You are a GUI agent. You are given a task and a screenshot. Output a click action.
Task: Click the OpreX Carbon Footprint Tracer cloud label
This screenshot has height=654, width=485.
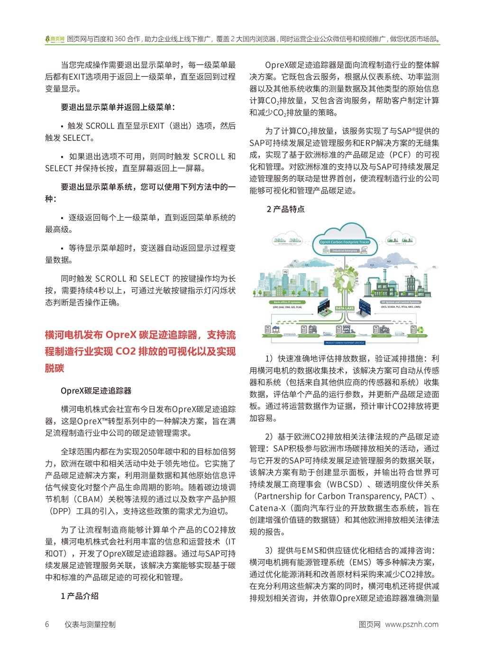coord(344,242)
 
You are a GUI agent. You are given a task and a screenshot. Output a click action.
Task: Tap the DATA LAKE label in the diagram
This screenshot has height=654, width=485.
coord(344,308)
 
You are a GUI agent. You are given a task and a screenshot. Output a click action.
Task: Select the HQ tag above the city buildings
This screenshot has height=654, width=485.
coord(285,272)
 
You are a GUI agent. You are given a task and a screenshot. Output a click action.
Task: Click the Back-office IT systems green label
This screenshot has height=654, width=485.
coord(287,302)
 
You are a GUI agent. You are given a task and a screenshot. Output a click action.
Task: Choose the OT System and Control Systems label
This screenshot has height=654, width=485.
coord(401,302)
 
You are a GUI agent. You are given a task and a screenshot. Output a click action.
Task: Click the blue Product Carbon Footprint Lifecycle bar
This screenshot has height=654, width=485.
coord(344,342)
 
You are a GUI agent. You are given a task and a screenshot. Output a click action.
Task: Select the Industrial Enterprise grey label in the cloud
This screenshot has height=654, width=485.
coord(344,250)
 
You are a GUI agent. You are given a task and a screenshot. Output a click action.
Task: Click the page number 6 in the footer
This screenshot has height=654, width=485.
coord(47,624)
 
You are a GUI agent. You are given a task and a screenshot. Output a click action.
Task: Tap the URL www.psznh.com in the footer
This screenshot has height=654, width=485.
coord(412,624)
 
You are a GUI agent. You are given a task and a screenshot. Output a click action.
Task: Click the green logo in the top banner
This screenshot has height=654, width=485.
coord(55,39)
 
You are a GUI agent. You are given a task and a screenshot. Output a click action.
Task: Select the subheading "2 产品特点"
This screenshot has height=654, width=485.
coord(285,209)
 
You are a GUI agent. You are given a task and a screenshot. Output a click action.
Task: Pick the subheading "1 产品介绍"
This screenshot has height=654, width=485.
coord(80,596)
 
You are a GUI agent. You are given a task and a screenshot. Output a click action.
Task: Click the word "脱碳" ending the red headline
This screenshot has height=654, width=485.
coord(55,368)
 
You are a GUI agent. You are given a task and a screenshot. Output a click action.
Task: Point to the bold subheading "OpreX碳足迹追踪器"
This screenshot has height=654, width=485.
coord(96,391)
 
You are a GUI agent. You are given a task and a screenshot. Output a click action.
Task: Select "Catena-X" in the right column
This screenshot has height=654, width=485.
coord(267,508)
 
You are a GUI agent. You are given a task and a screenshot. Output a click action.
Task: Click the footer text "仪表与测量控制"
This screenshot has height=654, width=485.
coord(90,624)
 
